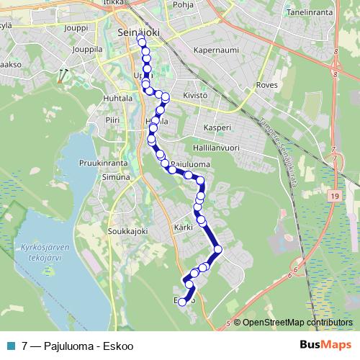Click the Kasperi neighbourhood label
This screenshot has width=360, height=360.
click(x=217, y=127)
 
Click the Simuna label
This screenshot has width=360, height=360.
click(x=115, y=176)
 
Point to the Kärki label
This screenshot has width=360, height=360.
click(x=184, y=228)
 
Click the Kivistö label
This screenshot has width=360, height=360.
click(x=195, y=94)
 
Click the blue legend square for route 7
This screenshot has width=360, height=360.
click(x=9, y=345)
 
